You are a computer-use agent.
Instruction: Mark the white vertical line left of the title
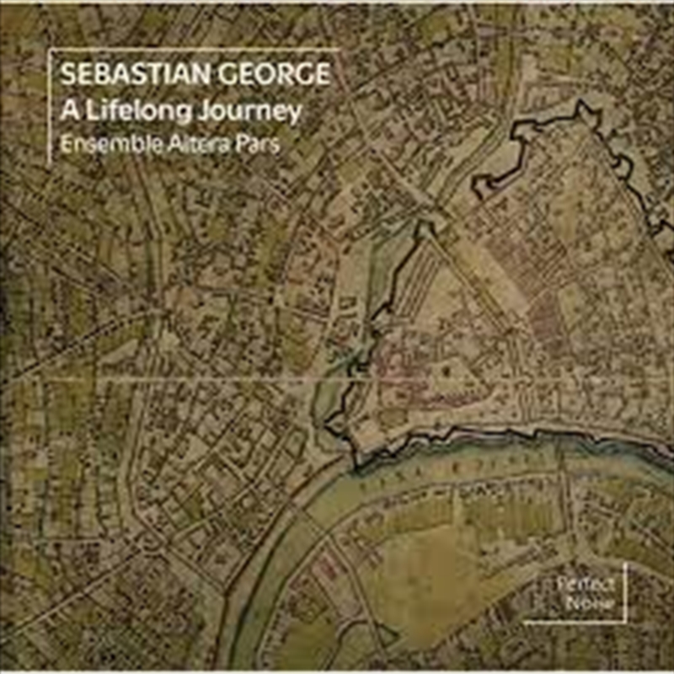coord(50,110)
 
